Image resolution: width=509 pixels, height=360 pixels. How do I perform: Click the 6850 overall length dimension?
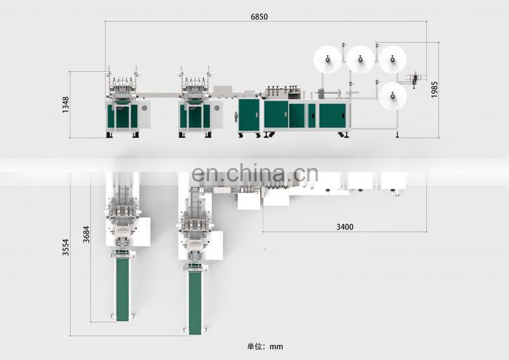[x=259, y=17]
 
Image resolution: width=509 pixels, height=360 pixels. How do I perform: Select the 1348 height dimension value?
[x=66, y=104]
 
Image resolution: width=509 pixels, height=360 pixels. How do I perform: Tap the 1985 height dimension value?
[x=435, y=90]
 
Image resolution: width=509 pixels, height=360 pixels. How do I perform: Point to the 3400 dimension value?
[x=345, y=227]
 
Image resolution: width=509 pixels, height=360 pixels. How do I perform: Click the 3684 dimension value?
[x=86, y=234]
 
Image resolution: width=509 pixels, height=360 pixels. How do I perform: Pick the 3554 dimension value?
[x=66, y=247]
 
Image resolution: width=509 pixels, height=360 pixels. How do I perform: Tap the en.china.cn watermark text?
[x=255, y=174]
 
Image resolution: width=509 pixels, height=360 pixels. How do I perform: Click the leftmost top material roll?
[x=328, y=59]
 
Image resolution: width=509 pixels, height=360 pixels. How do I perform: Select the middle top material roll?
[x=360, y=59]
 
